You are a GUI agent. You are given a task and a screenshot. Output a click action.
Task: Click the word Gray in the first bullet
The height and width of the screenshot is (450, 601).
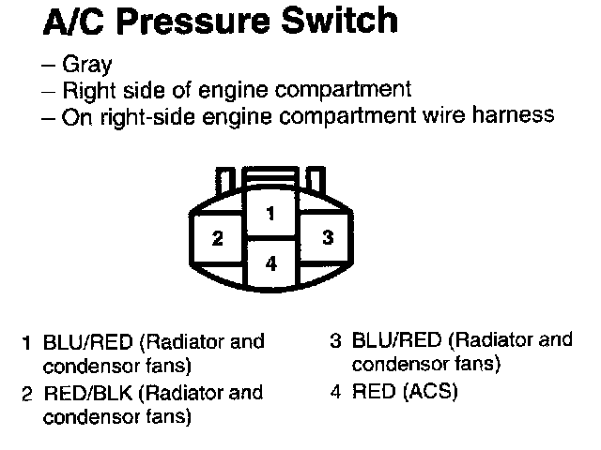[86, 65]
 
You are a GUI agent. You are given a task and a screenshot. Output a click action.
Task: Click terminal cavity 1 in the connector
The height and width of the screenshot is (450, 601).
[270, 214]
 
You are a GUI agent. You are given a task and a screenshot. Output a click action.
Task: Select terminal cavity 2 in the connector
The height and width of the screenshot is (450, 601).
[217, 238]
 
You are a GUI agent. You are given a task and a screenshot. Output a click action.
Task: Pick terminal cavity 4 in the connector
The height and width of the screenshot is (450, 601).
[270, 263]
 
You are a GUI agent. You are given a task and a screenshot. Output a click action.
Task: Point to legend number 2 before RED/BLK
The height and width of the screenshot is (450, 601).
[27, 394]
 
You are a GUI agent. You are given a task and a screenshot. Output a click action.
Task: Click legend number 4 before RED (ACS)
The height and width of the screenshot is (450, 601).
[335, 391]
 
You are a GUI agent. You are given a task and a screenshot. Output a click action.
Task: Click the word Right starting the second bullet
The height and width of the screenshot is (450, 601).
[85, 91]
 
